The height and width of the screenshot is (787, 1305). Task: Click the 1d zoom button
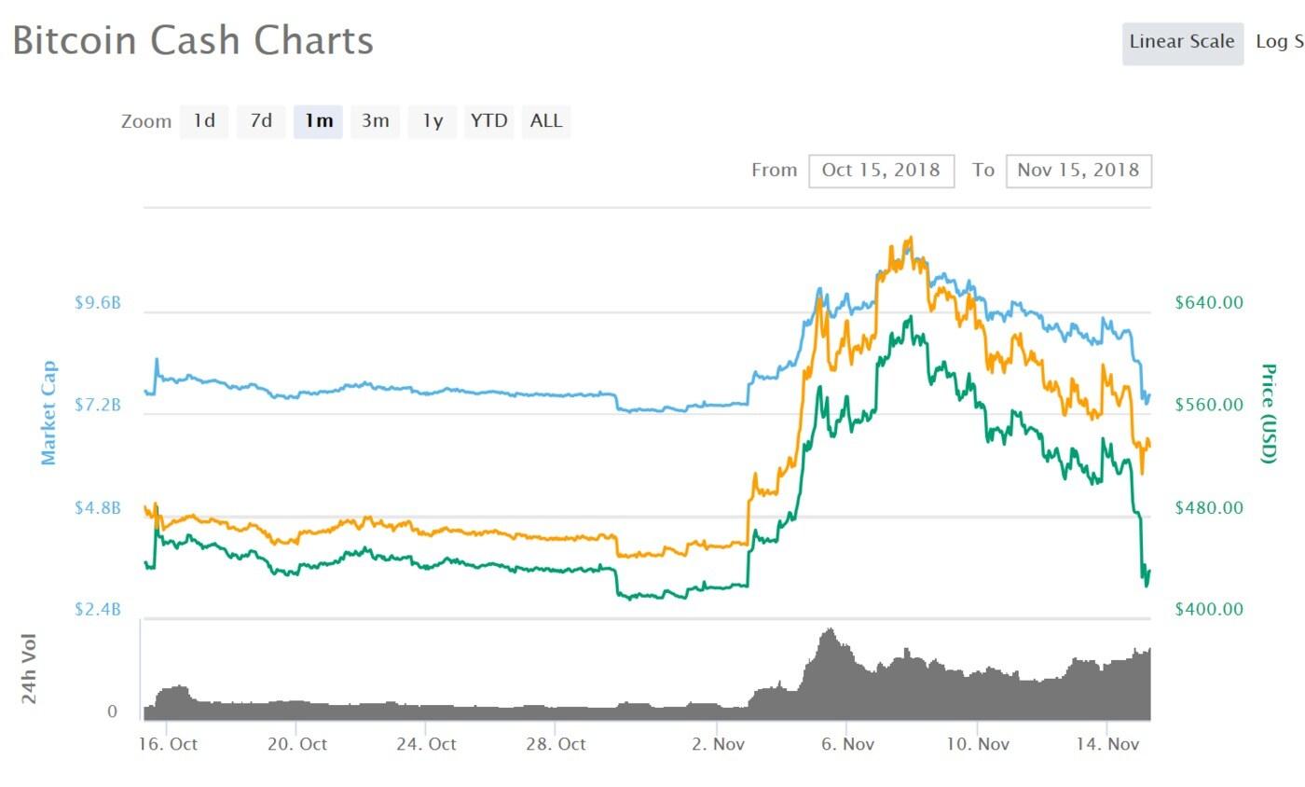tap(204, 121)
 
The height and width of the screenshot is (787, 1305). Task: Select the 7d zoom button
tap(261, 121)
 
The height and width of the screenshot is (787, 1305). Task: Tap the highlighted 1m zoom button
tap(319, 121)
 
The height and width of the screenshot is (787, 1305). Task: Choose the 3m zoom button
tap(376, 121)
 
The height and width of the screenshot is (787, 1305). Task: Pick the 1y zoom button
tap(433, 121)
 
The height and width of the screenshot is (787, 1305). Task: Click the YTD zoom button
tap(489, 121)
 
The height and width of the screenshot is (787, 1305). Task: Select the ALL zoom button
tap(546, 121)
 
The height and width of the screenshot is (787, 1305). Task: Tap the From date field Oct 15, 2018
tap(882, 171)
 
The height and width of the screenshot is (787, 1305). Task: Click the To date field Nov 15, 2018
tap(1078, 171)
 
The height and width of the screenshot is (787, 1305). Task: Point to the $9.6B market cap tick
tap(98, 303)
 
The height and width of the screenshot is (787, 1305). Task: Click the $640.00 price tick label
tap(1209, 303)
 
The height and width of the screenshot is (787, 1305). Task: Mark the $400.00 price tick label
tap(1209, 610)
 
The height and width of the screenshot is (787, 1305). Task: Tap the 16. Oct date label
tap(167, 744)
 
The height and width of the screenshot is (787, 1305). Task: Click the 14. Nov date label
tap(1106, 744)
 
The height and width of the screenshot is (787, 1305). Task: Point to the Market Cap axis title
tap(49, 412)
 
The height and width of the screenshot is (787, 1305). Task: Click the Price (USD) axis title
tap(1268, 412)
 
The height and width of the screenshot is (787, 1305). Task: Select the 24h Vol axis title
tap(31, 669)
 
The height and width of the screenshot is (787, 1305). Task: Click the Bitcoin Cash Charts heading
tap(193, 42)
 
